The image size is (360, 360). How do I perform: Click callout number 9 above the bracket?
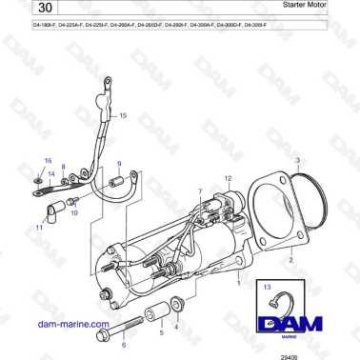119,163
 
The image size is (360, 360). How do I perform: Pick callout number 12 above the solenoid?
228,178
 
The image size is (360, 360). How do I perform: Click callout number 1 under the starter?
238,283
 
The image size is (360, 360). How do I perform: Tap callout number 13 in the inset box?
269,286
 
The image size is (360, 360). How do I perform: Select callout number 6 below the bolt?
123,345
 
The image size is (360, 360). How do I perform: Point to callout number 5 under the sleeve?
160,333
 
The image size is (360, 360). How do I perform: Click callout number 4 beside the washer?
175,327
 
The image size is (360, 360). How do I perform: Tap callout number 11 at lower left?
38,229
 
